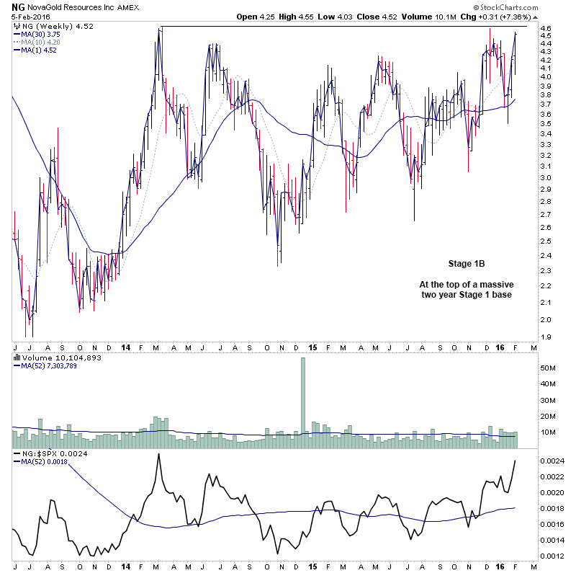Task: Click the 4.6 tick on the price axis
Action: click(546, 29)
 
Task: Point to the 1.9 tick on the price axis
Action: click(546, 337)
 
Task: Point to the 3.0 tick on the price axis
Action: click(546, 178)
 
